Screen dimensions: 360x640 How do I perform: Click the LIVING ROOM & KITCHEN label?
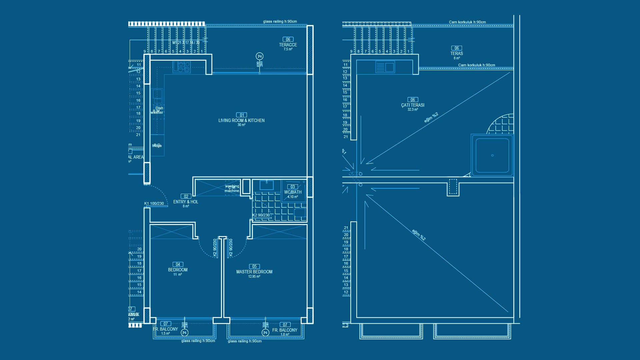[241, 120]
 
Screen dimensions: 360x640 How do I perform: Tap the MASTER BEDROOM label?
[254, 272]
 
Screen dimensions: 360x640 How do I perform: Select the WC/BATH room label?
[293, 192]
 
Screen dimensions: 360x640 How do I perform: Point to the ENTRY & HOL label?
[186, 202]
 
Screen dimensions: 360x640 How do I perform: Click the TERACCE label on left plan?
[288, 45]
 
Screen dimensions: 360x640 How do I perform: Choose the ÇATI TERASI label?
[413, 105]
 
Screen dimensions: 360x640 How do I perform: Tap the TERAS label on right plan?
[457, 53]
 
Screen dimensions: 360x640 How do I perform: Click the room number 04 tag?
[178, 264]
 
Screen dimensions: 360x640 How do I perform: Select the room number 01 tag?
[242, 115]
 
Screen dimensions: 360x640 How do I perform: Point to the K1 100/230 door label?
[154, 203]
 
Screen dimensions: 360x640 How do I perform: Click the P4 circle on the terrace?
[260, 56]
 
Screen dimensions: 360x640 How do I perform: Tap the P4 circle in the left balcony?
[184, 332]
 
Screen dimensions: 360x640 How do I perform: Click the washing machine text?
[232, 189]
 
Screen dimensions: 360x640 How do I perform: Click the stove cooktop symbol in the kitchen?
[182, 67]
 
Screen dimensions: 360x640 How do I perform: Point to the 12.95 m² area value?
[254, 277]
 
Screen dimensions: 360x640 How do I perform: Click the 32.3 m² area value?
[413, 110]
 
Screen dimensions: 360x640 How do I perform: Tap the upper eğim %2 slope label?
[431, 117]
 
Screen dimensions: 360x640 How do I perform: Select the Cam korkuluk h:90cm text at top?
[467, 22]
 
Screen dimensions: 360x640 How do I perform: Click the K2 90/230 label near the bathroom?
[261, 215]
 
